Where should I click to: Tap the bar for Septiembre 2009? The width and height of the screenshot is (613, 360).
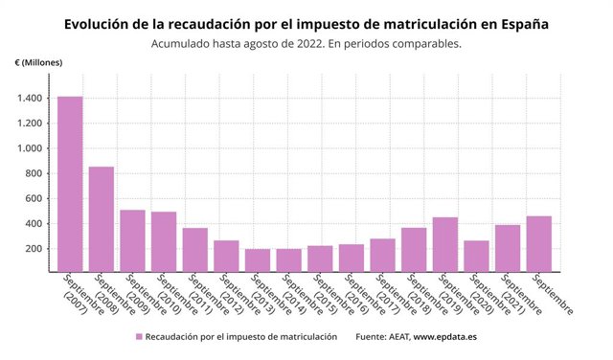pos(132,240)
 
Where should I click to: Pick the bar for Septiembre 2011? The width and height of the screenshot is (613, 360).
pos(195,250)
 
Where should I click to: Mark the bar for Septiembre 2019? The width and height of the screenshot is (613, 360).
pos(445,245)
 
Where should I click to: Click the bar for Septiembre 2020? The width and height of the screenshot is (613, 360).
pos(477,257)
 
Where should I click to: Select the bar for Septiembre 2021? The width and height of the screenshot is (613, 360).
pos(508,249)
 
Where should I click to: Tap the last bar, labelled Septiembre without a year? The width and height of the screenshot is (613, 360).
pos(539,244)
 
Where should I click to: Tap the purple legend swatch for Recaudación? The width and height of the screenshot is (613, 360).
pos(140,337)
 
